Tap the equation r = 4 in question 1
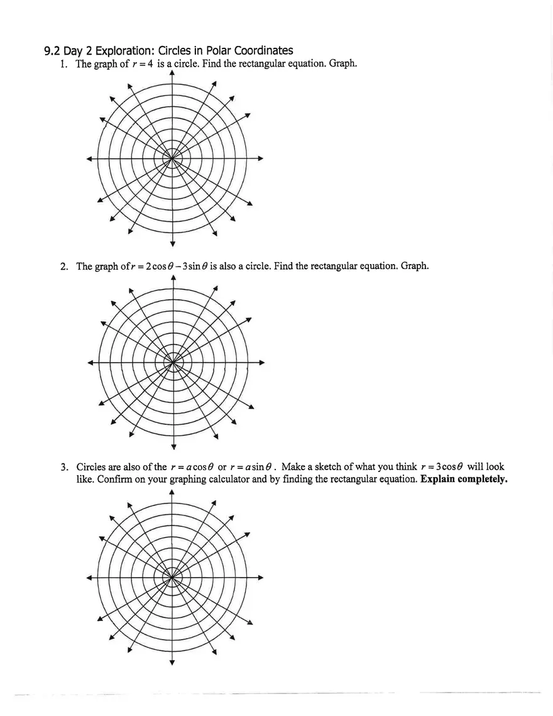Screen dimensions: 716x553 coord(139,64)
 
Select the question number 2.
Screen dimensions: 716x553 coord(64,266)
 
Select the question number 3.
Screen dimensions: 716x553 coord(64,467)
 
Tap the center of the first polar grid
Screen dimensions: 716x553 coord(172,159)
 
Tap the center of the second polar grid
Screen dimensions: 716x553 coord(173,362)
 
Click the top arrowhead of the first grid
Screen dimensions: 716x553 coord(172,73)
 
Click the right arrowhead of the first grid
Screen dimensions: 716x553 coord(260,159)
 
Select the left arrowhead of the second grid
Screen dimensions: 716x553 coord(90,362)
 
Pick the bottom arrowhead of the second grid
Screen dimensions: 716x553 coord(173,447)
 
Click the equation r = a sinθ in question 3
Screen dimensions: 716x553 coord(254,467)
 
